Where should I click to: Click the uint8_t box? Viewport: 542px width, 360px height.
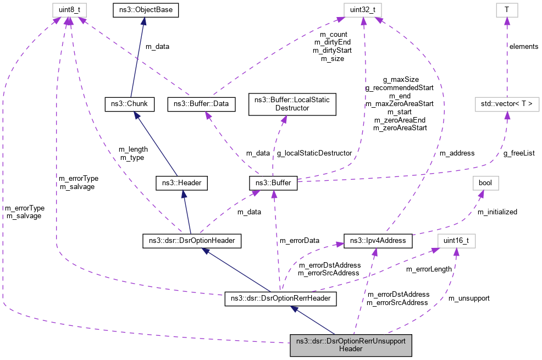point(67,9)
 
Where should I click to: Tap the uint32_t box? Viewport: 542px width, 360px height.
point(362,9)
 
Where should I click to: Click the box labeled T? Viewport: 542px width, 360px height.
point(507,9)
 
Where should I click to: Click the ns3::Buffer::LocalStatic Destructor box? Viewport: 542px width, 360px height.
point(292,104)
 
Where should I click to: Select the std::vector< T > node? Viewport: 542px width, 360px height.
point(506,103)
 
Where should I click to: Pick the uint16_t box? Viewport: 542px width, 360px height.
point(456,240)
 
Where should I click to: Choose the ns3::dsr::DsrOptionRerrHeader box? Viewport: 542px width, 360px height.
point(280,299)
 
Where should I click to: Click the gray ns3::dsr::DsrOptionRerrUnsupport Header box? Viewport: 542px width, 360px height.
point(350,345)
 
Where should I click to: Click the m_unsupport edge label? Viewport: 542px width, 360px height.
point(469,298)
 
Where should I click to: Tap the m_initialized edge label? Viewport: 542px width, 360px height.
point(497,211)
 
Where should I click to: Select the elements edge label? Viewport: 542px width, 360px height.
point(524,46)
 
